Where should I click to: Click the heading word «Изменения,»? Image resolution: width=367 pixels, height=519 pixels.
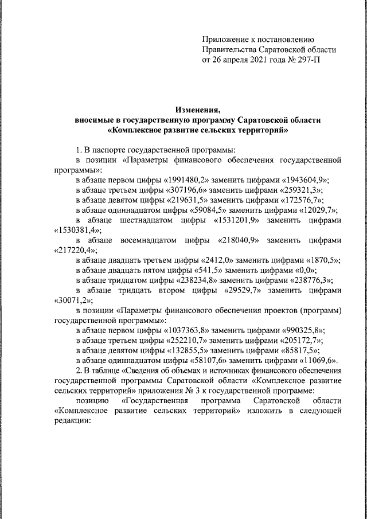click(x=197, y=110)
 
